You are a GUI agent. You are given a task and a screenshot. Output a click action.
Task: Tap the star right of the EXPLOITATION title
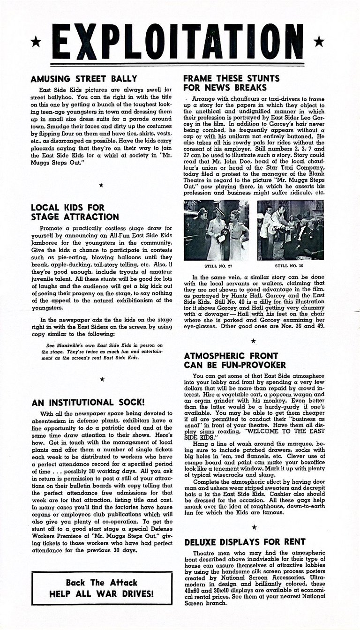point(319,42)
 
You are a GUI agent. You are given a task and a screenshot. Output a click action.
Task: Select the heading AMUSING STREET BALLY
point(84,79)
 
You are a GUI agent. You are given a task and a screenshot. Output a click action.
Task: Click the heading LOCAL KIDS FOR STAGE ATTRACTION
point(75,212)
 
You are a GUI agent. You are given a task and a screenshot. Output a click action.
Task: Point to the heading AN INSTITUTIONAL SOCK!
point(88,402)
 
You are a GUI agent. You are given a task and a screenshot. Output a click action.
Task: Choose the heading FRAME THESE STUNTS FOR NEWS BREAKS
point(225,83)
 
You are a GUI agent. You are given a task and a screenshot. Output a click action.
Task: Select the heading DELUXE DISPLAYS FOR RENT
point(245,542)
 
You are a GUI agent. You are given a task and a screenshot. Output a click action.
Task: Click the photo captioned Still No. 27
point(216,230)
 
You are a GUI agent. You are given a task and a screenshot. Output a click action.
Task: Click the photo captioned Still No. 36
point(290,230)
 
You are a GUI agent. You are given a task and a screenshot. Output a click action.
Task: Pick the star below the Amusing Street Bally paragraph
point(102,185)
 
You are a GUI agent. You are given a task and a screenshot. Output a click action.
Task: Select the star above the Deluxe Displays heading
point(254,527)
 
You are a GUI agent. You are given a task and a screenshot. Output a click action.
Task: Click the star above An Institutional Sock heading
point(102,379)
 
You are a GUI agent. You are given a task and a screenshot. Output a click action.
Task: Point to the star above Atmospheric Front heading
point(254,341)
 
